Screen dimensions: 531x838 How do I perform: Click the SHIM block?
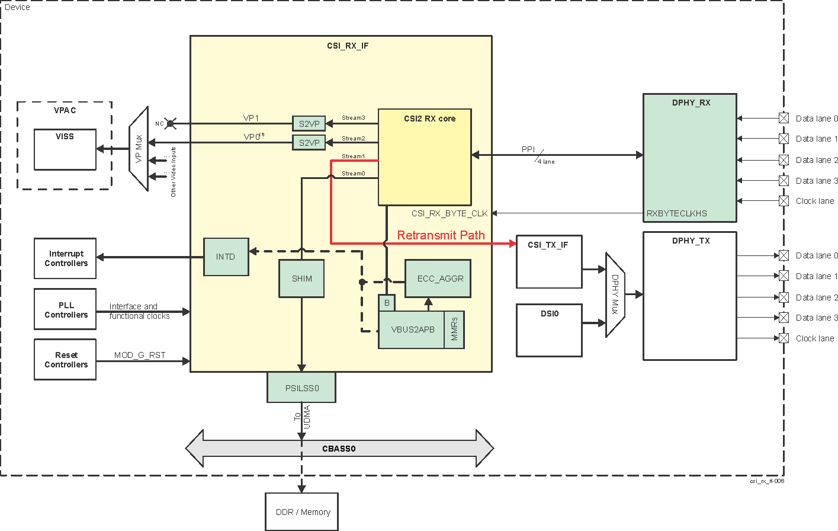(x=301, y=279)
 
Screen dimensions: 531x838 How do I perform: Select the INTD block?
(x=226, y=257)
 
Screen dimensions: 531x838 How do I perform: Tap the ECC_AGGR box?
(x=438, y=279)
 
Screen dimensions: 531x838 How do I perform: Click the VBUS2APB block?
(x=412, y=330)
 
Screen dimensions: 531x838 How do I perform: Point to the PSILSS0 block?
(x=301, y=388)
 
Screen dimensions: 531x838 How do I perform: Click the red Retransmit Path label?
(x=441, y=235)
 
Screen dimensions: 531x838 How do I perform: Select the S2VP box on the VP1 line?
(x=309, y=124)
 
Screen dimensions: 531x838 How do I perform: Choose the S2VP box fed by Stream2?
(x=309, y=143)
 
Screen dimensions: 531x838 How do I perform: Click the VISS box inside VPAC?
(x=65, y=149)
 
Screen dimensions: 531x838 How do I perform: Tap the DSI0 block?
(x=549, y=330)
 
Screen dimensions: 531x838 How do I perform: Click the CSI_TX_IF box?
(x=549, y=261)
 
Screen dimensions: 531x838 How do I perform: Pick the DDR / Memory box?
(x=302, y=512)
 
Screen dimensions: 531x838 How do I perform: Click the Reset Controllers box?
(x=65, y=360)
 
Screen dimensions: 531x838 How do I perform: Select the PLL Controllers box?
(x=65, y=309)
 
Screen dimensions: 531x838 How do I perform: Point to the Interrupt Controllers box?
(x=65, y=258)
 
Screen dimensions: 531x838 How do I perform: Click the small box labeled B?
(x=387, y=303)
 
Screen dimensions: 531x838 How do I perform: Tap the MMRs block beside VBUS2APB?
(x=454, y=330)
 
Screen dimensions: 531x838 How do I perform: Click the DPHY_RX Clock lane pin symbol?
(x=784, y=201)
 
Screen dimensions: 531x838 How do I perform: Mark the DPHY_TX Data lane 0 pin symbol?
(x=784, y=255)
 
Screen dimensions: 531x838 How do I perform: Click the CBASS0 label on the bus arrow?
(x=339, y=449)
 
